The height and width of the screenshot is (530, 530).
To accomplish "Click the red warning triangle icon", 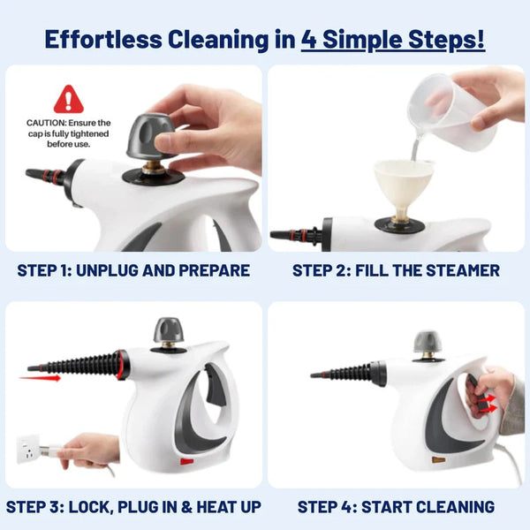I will coord(68,99).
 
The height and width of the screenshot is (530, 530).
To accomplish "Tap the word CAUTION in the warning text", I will coord(46,123).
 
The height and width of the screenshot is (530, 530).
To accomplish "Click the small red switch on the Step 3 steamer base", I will coord(186,461).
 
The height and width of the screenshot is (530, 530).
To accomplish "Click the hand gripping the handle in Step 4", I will coord(495,389).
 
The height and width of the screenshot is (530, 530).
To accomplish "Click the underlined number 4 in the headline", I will coord(307,40).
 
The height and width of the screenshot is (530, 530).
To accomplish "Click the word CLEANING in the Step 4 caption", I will coord(449,507).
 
